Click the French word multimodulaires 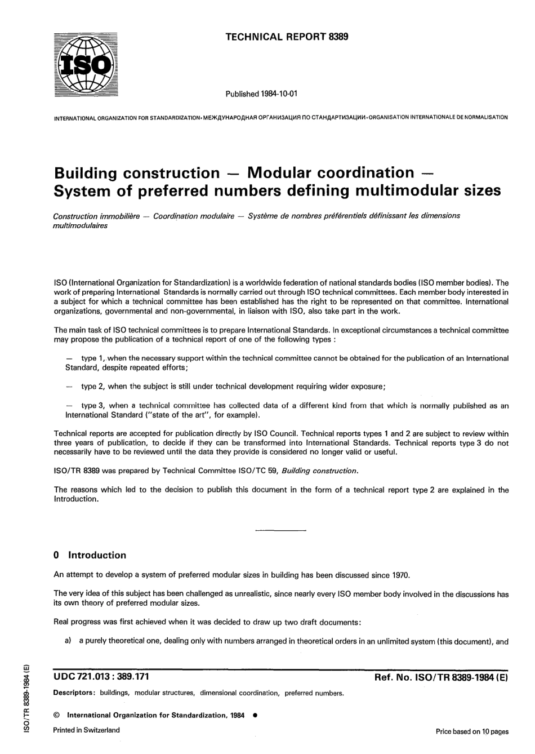click(x=80, y=225)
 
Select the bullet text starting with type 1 click(x=287, y=362)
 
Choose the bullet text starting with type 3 click(x=287, y=410)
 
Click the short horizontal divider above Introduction click(x=280, y=531)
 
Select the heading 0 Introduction click(x=90, y=555)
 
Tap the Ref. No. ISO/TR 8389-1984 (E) click(x=441, y=678)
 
